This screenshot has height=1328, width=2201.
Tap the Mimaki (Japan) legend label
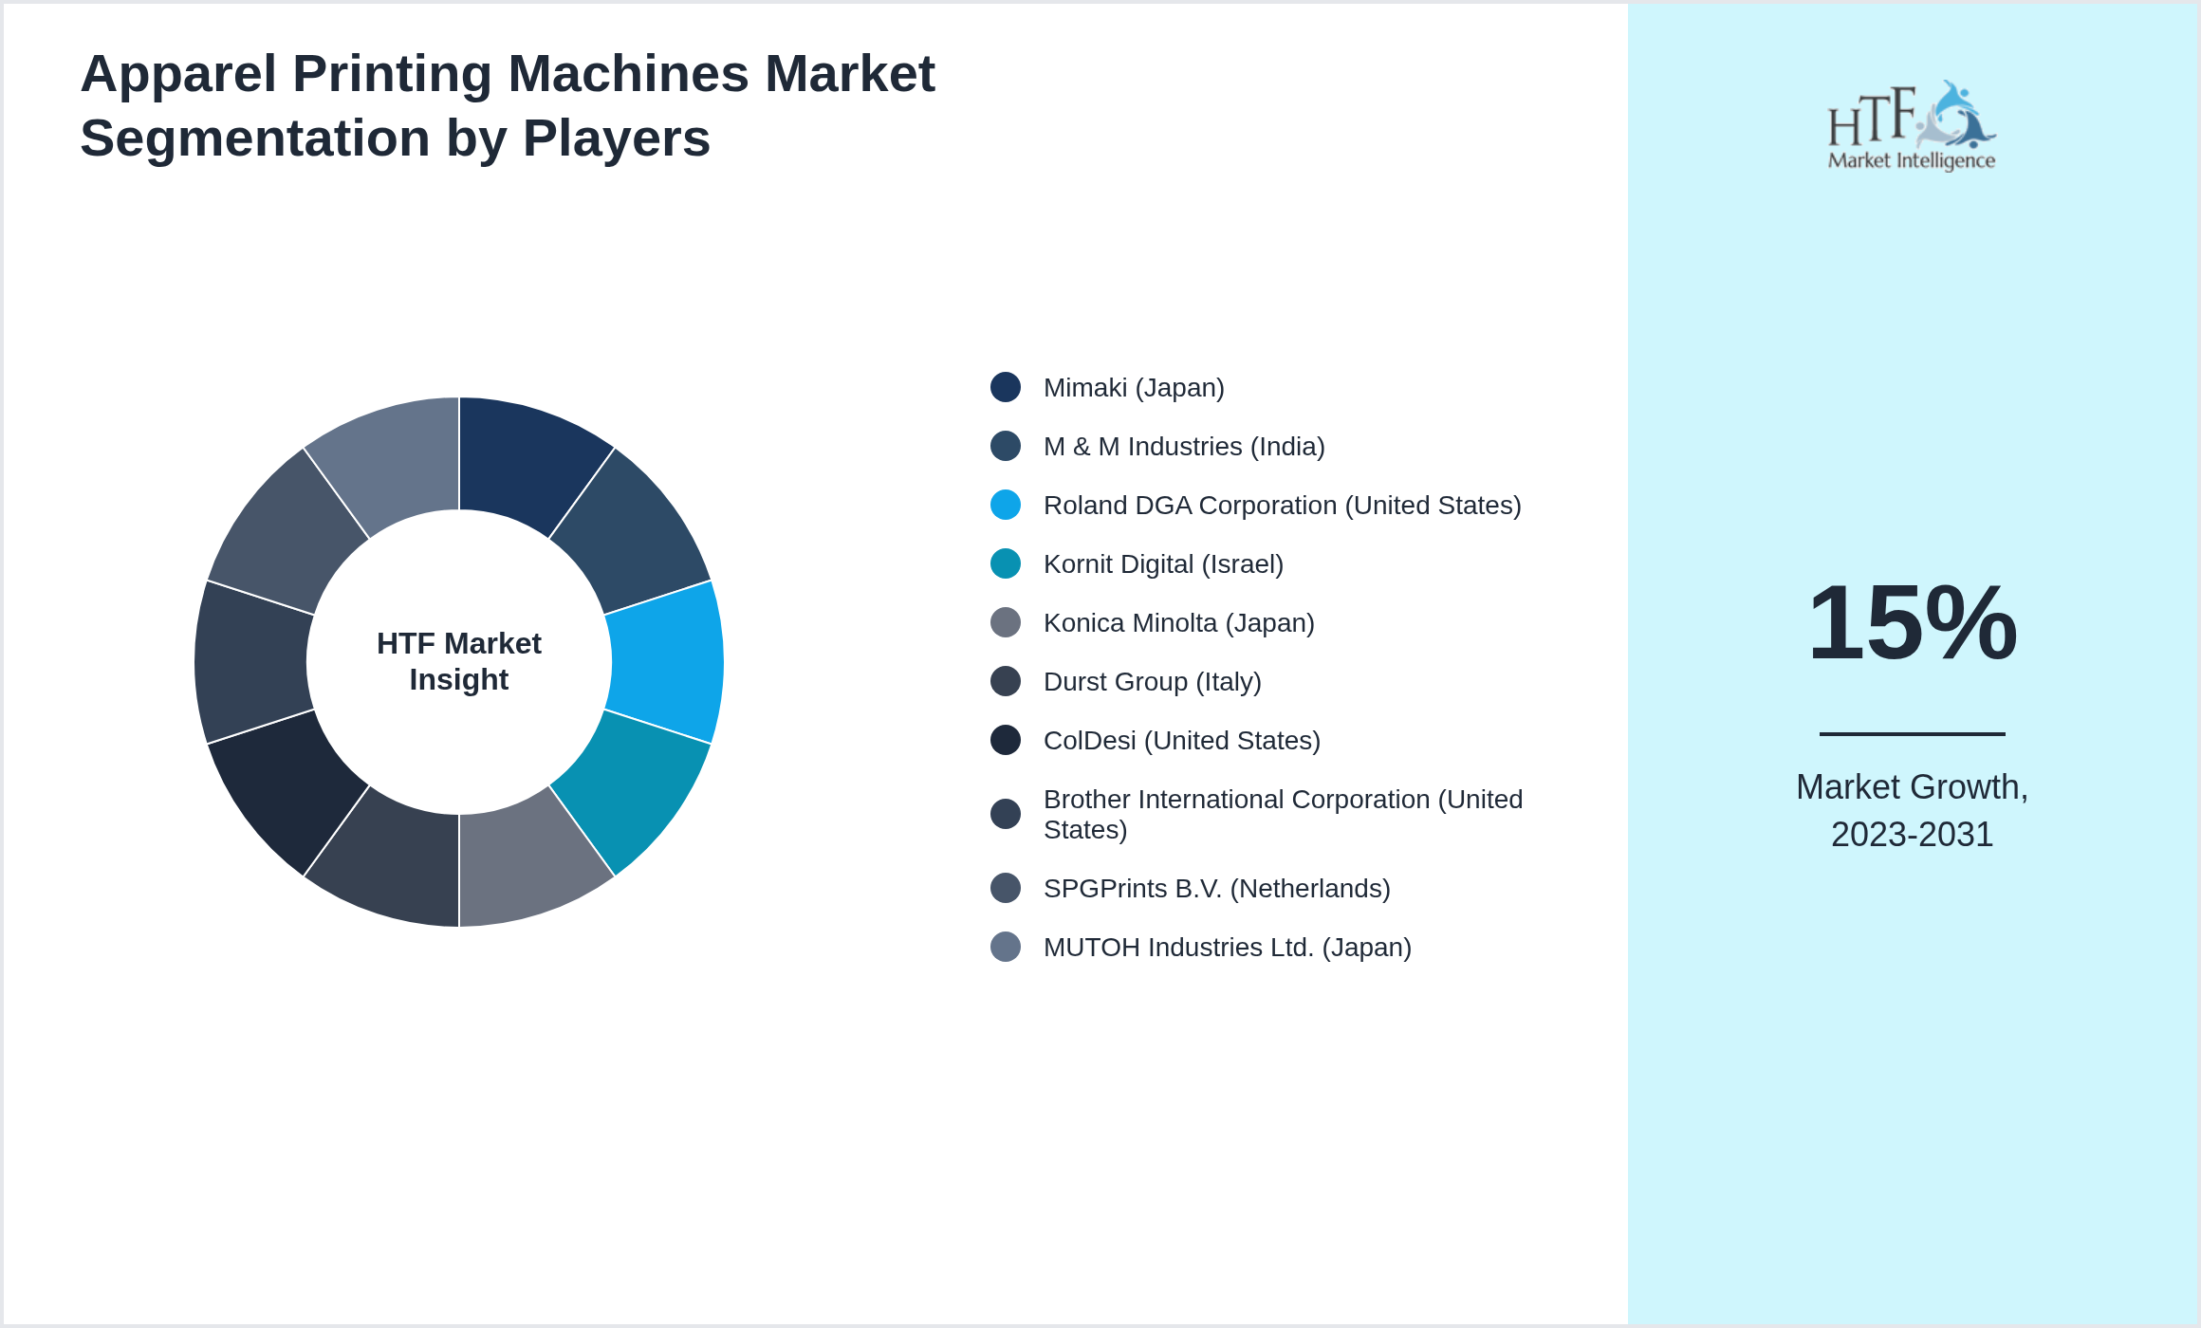tap(1133, 388)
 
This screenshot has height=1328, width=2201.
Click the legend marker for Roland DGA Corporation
tap(1006, 505)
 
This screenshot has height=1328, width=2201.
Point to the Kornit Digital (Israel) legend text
tap(1162, 564)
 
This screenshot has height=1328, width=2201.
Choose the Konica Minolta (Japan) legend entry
tap(1178, 623)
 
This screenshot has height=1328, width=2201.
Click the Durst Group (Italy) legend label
tap(1152, 682)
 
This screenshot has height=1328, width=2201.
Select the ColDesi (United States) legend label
tap(1181, 741)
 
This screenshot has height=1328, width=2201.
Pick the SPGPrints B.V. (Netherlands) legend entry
tap(1216, 889)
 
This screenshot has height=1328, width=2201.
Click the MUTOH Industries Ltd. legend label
tap(1227, 948)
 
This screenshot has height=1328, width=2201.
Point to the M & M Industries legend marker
tap(1006, 446)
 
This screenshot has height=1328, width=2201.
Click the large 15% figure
tap(1912, 623)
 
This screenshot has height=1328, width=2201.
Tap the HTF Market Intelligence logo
tap(1911, 126)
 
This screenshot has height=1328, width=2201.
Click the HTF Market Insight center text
tap(459, 661)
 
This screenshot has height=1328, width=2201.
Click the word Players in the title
tap(616, 138)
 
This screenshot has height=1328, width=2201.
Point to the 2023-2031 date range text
tap(1912, 835)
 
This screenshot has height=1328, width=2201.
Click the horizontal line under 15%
tap(1912, 733)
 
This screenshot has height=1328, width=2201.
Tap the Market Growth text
tap(1912, 787)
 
